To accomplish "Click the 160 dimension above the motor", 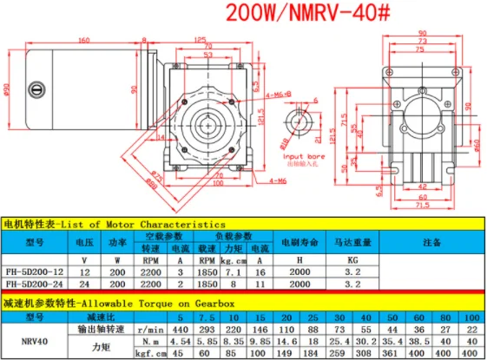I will pos(85,41).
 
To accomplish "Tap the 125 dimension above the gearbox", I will pos(201,41).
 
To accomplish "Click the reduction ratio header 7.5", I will pos(201,318).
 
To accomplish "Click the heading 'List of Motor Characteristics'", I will pos(140,225).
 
